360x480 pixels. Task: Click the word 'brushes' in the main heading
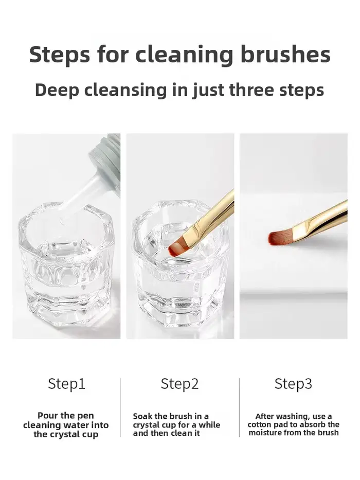tap(285, 55)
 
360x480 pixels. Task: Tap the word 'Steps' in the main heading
tap(60, 55)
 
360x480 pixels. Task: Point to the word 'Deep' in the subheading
tap(57, 91)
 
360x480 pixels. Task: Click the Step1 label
tap(66, 384)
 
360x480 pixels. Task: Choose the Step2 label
tap(179, 384)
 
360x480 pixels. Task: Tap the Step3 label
tap(293, 384)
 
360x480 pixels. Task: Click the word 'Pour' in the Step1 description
tap(47, 416)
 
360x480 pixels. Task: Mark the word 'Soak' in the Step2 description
tap(142, 416)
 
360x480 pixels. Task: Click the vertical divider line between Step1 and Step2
tap(120, 407)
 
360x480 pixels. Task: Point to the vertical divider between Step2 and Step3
tap(239, 407)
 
